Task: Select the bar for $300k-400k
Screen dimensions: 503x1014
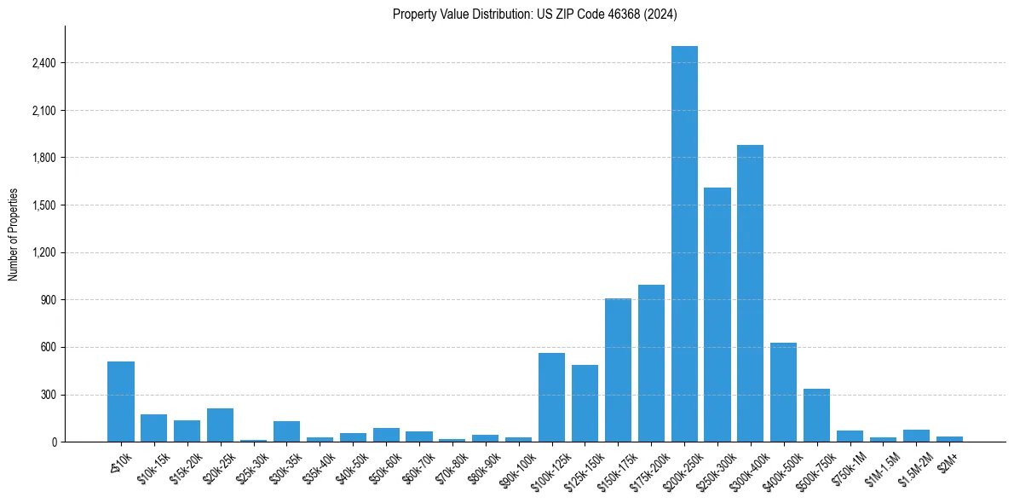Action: click(750, 293)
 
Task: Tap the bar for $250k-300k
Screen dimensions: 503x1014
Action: click(717, 315)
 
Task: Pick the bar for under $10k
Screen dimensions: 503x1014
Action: click(121, 402)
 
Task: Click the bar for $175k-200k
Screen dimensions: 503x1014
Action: click(651, 363)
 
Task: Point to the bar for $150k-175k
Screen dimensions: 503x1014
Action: click(618, 370)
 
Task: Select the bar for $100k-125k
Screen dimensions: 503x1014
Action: click(551, 397)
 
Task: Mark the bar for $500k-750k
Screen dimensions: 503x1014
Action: click(816, 415)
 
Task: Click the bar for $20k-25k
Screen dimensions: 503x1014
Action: click(220, 425)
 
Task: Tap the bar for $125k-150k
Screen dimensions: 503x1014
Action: click(585, 403)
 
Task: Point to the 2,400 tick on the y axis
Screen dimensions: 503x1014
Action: click(43, 63)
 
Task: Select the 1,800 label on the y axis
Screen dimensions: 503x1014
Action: click(43, 158)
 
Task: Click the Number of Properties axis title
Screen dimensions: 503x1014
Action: click(14, 234)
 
